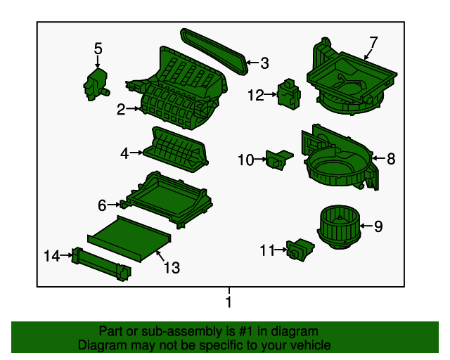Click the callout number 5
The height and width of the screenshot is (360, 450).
point(98,49)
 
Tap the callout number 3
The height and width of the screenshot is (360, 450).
point(264,63)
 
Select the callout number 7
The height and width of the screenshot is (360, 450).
point(373,42)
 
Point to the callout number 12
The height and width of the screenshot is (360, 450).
point(255,94)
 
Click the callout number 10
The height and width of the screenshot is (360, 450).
point(245,160)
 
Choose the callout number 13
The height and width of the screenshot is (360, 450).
point(172,267)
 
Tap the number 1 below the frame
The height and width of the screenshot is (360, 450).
point(228,302)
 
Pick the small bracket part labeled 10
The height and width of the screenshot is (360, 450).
point(278,160)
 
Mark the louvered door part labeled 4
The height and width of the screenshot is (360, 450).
point(176,148)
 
